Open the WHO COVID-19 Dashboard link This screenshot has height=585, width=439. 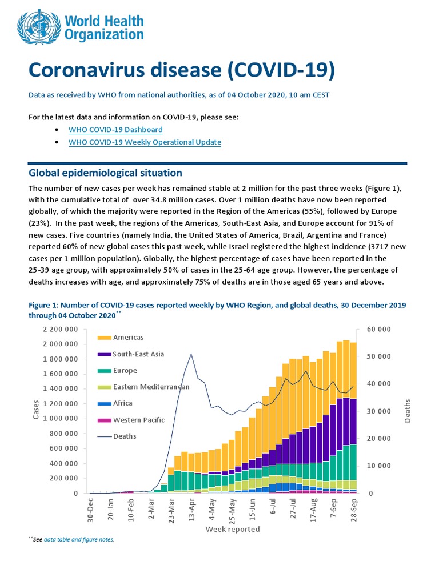click(115, 130)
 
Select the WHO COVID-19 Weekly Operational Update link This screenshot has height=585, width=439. click(145, 142)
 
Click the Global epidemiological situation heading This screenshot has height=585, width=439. click(105, 173)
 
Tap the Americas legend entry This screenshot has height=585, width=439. click(127, 338)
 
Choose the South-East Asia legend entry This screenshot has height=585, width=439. click(138, 354)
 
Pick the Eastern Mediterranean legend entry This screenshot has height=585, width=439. click(151, 387)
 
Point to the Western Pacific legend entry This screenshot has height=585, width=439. click(139, 420)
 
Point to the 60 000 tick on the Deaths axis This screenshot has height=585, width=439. click(379, 330)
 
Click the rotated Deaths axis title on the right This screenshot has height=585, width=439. click(408, 411)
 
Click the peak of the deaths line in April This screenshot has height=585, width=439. click(191, 354)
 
